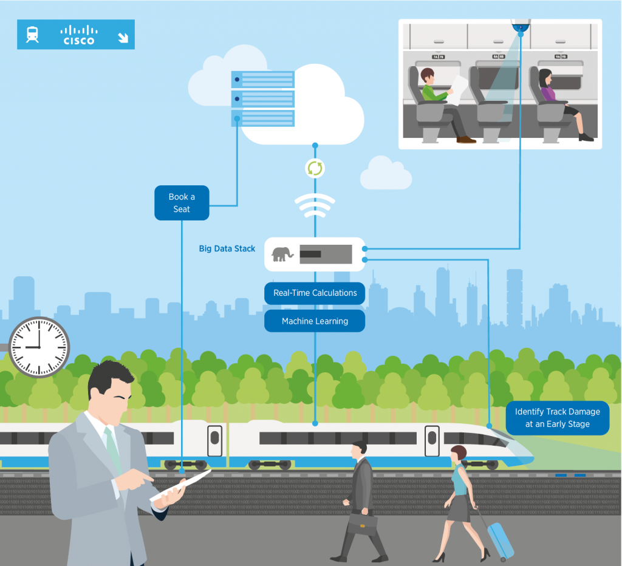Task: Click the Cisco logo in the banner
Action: tap(78, 35)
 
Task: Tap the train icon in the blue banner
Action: tap(32, 35)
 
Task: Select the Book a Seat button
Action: tap(181, 203)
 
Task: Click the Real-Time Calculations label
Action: tap(315, 293)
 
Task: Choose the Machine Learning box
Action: tap(315, 321)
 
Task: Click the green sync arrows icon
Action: tap(315, 168)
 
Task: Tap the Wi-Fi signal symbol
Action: tap(315, 205)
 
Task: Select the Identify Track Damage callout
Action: tap(557, 418)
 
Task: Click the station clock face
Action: tap(39, 348)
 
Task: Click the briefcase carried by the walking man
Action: tap(362, 522)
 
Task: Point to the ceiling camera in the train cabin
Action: tap(521, 27)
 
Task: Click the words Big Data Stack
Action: tap(227, 248)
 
